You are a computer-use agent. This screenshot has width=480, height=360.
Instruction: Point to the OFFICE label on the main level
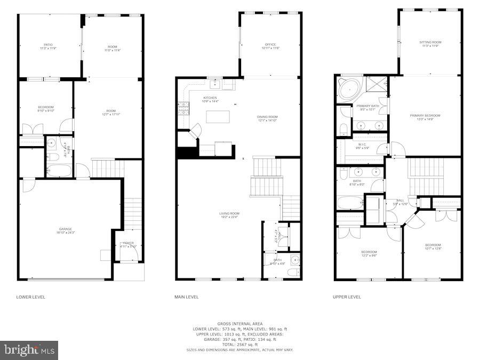pos(270,45)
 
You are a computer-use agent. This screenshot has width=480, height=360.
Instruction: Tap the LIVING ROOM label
pos(229,214)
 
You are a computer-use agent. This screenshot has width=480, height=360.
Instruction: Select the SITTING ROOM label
pos(430,42)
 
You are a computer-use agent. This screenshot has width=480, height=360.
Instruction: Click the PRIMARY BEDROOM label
pos(425,115)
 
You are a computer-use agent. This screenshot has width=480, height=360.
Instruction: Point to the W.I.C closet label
pos(362,144)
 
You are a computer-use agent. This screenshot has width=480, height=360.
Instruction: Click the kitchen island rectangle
pos(218,116)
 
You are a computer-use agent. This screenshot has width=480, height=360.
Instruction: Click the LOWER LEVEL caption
pos(31,297)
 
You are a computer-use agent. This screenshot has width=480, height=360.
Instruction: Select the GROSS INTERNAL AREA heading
pos(239,324)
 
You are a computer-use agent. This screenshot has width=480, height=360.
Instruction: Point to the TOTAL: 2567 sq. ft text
pos(239,344)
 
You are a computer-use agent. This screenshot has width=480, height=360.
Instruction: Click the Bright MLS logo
pos(30,350)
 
